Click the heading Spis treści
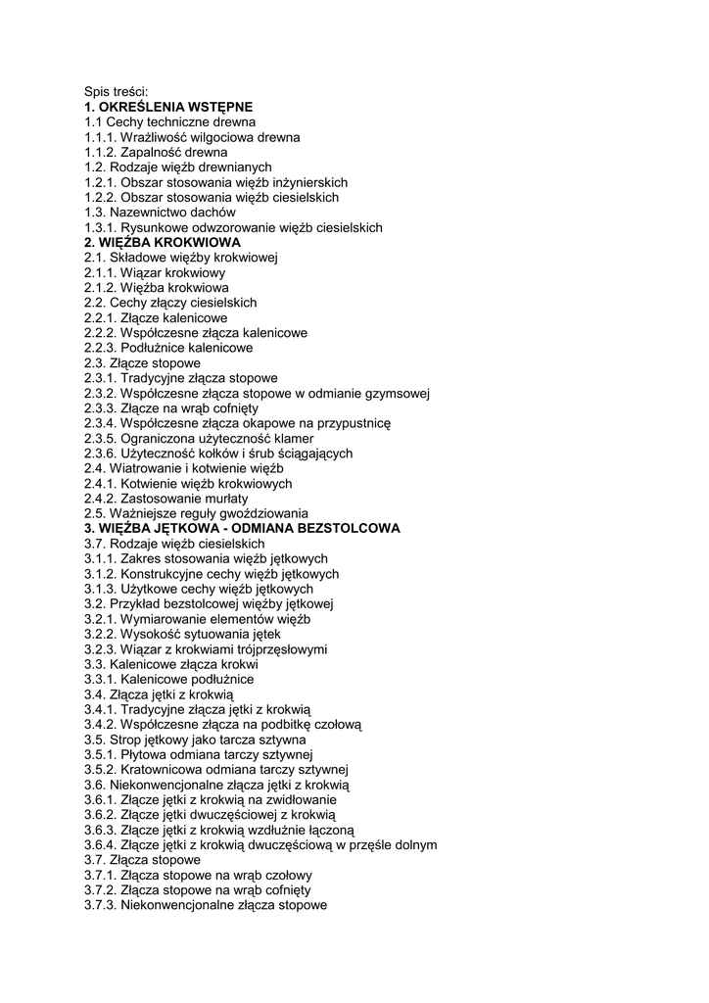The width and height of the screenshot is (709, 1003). [116, 92]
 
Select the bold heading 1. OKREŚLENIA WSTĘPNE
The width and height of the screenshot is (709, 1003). [168, 107]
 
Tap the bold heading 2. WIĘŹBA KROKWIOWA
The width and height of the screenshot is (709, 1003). [163, 242]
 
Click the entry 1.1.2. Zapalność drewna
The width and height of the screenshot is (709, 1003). [156, 153]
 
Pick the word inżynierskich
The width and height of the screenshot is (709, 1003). [301, 182]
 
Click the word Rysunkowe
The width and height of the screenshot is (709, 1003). [151, 227]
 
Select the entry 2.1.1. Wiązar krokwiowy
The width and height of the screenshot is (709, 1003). [155, 272]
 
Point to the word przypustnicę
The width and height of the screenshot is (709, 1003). [355, 423]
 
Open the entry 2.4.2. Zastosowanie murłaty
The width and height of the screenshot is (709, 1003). [166, 498]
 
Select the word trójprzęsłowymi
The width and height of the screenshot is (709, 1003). [280, 648]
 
